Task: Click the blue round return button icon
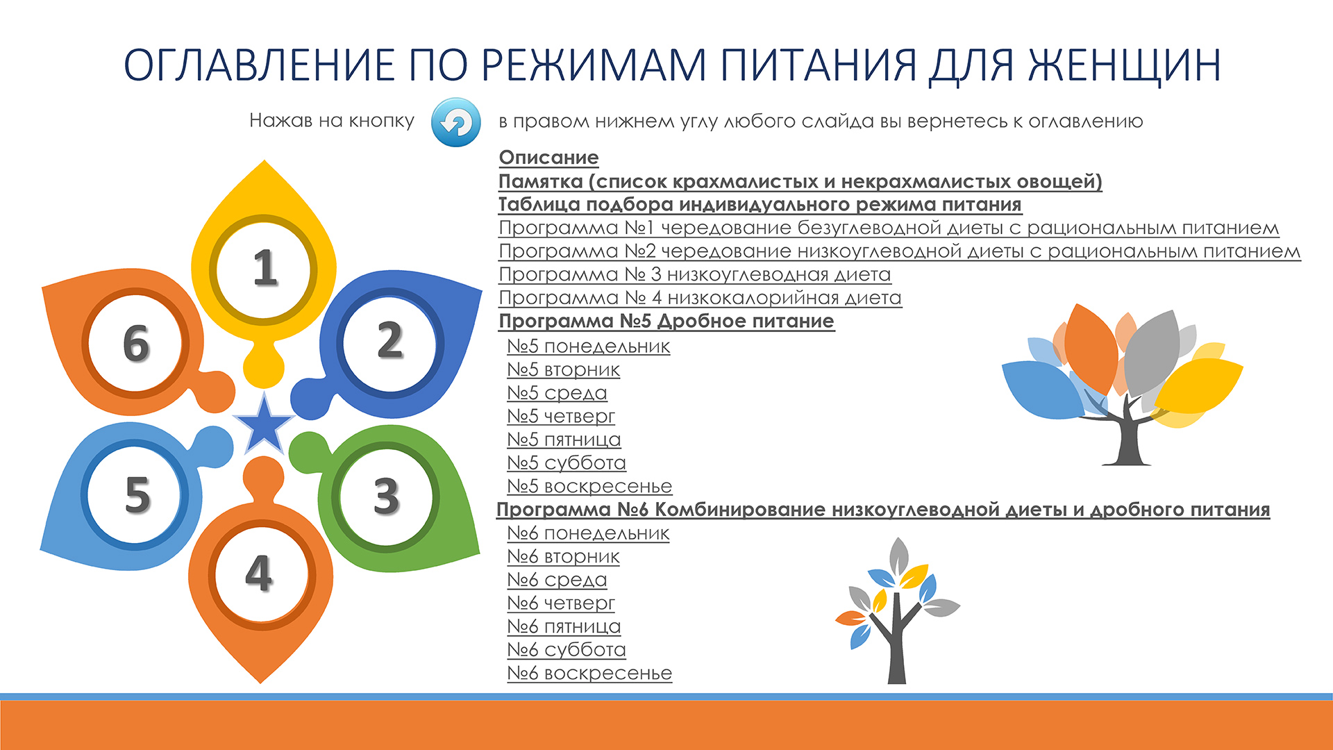(x=455, y=122)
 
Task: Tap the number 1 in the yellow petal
(x=265, y=268)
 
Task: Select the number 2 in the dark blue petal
(x=390, y=340)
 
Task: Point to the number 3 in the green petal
(x=386, y=496)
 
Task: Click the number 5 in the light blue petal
(x=137, y=495)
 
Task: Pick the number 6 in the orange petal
(x=136, y=343)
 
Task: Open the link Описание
(x=548, y=158)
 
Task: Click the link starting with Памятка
(x=800, y=181)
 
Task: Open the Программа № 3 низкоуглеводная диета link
(x=695, y=274)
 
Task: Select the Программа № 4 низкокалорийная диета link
(x=700, y=298)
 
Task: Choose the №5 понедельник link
(x=589, y=346)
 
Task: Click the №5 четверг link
(x=561, y=417)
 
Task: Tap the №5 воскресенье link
(x=589, y=486)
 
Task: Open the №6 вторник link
(x=563, y=556)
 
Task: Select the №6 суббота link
(x=567, y=650)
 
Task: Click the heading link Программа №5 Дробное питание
(x=666, y=321)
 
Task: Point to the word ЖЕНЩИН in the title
(x=1124, y=65)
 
